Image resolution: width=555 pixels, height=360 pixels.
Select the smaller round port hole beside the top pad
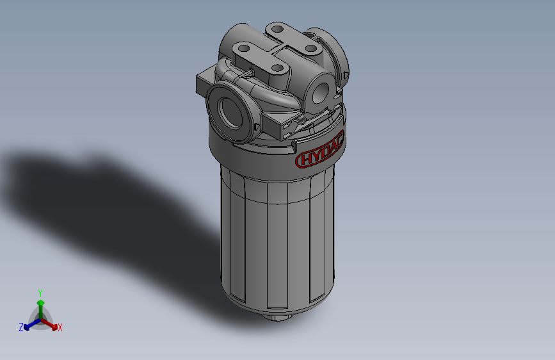[319, 91]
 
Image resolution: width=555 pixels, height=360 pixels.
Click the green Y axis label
[40, 292]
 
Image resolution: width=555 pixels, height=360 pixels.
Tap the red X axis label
[60, 328]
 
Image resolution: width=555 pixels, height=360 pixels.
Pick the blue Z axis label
[20, 327]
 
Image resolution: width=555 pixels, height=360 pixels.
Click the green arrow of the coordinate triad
[40, 305]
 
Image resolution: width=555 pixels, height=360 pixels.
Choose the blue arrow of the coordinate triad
[28, 324]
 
